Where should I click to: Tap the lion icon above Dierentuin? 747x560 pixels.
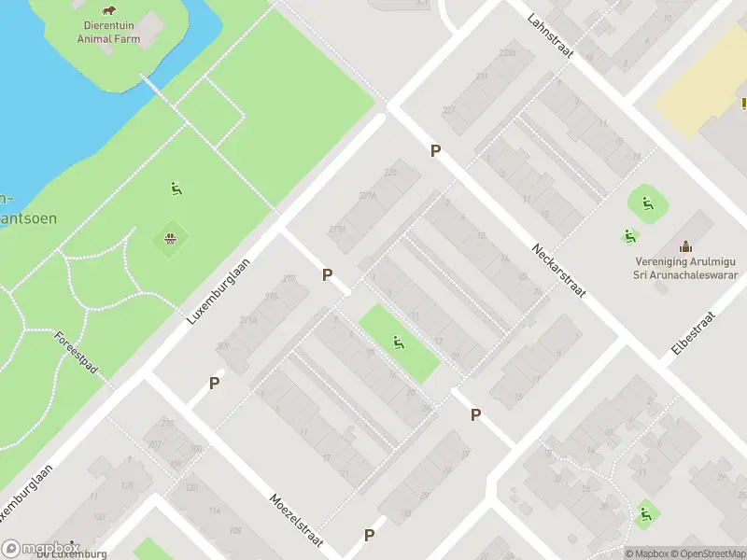pos(109,11)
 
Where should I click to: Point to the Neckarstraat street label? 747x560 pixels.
pos(558,271)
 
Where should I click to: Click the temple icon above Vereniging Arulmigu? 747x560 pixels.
pos(686,245)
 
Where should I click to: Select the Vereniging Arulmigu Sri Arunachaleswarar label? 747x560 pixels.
pos(686,269)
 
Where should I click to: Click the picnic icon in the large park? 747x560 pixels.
pos(171,239)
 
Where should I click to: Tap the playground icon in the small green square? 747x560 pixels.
pos(399,343)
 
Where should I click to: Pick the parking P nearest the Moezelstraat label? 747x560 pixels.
pos(369,535)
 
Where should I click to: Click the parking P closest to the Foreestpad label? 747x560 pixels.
pos(215,383)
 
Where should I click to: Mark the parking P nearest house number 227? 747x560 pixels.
pos(434,150)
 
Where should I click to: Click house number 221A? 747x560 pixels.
pos(367,196)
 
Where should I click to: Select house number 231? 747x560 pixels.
pos(481,77)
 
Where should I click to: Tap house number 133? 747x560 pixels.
pos(99,515)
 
